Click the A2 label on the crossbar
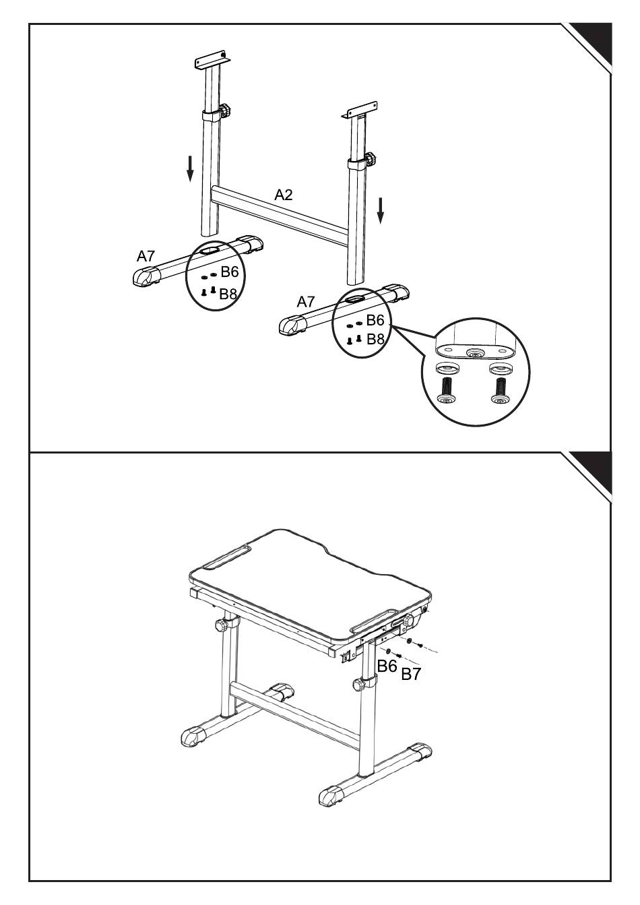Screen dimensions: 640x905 click(284, 195)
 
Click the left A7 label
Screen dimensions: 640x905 click(146, 256)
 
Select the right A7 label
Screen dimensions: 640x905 click(306, 302)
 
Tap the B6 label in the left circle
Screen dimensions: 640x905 click(230, 272)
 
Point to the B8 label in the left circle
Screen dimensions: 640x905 click(228, 294)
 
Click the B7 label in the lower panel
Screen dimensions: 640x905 click(411, 674)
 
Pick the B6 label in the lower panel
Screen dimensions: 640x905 click(387, 666)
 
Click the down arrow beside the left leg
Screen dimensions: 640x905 click(191, 168)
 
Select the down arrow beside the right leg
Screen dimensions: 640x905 click(381, 210)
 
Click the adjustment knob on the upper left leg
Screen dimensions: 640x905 click(226, 108)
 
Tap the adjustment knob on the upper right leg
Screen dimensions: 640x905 click(370, 159)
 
